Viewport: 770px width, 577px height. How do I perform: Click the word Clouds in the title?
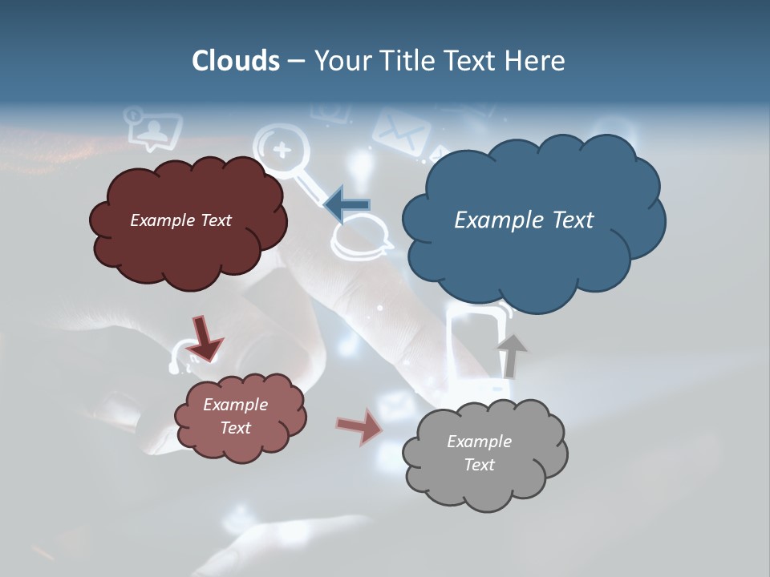[x=235, y=61]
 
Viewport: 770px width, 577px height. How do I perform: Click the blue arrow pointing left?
[x=347, y=204]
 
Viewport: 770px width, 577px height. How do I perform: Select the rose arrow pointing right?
[x=360, y=426]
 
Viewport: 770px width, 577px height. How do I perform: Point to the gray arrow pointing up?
[x=510, y=356]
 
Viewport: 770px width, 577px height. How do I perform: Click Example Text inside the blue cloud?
[x=524, y=220]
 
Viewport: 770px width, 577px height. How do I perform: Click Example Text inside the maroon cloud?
[x=180, y=220]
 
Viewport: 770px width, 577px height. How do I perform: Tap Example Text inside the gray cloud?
[x=479, y=453]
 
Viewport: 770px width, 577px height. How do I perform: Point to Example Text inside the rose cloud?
[x=235, y=416]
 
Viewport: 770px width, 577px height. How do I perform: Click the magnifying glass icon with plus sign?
[x=282, y=149]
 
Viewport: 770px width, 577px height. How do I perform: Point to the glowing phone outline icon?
[x=479, y=345]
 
